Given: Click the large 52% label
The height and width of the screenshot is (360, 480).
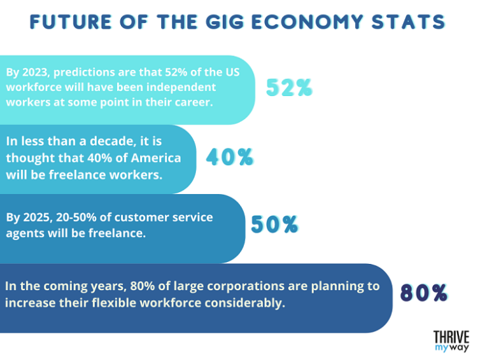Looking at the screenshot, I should pos(289,88).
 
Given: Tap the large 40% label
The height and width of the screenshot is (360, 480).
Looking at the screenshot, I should pos(229,157).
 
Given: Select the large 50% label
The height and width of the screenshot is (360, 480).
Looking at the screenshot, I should pos(275,224).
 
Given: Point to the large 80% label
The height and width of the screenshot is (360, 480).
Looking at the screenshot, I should pos(424,292).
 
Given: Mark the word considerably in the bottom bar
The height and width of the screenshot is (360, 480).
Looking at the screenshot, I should pos(248,303).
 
